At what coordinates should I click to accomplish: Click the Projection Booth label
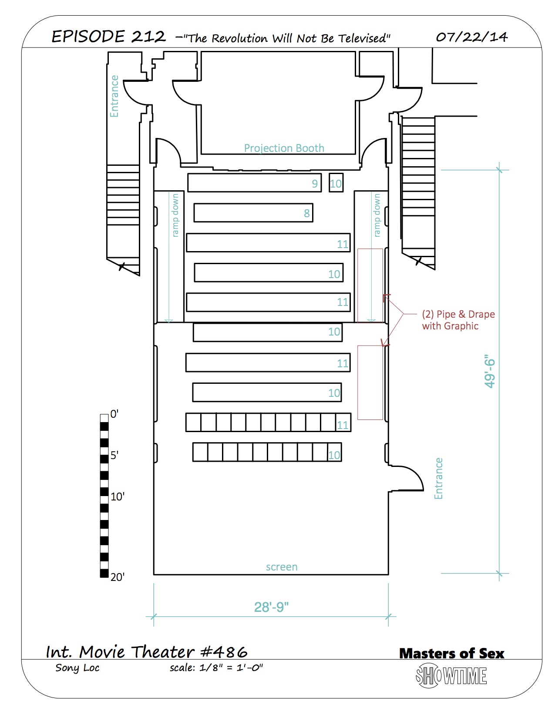pyautogui.click(x=284, y=148)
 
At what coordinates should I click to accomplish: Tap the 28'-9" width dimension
pyautogui.click(x=271, y=607)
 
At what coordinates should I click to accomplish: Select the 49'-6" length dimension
pyautogui.click(x=490, y=371)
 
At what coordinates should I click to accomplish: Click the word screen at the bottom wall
pyautogui.click(x=282, y=567)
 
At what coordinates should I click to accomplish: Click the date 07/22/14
pyautogui.click(x=472, y=37)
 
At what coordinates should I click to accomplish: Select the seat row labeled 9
pyautogui.click(x=255, y=183)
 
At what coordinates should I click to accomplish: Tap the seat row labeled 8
pyautogui.click(x=253, y=213)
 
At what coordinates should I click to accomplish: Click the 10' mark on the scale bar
pyautogui.click(x=118, y=496)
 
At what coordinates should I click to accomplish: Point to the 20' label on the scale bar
pyautogui.click(x=118, y=577)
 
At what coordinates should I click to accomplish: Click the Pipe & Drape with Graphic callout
pyautogui.click(x=458, y=320)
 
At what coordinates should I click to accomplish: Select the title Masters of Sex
pyautogui.click(x=451, y=653)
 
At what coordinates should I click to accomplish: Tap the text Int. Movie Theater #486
pyautogui.click(x=146, y=651)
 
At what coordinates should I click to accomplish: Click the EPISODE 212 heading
pyautogui.click(x=108, y=37)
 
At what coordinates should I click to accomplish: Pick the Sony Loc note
pyautogui.click(x=77, y=668)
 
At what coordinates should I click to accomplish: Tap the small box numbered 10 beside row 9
pyautogui.click(x=336, y=183)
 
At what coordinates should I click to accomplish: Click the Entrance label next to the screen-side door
pyautogui.click(x=438, y=478)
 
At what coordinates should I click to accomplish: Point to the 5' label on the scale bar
pyautogui.click(x=114, y=455)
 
